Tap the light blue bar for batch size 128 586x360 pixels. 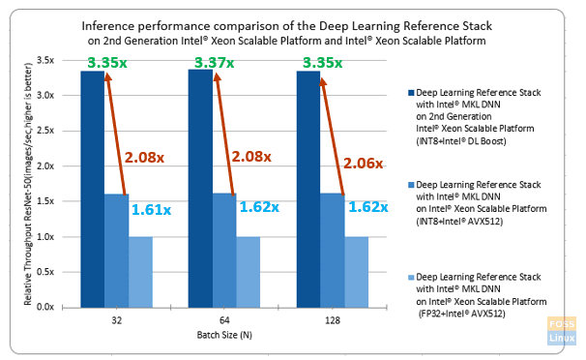[x=357, y=271]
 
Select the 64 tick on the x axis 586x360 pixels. [x=224, y=318]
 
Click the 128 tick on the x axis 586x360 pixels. [x=333, y=318]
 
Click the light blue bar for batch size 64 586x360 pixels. [x=249, y=271]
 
